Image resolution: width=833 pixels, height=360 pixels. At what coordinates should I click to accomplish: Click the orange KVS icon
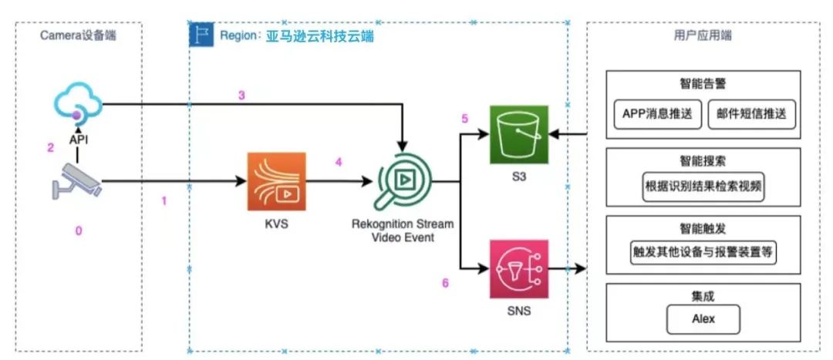(275, 182)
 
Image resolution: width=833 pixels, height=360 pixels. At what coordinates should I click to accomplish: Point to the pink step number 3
(241, 96)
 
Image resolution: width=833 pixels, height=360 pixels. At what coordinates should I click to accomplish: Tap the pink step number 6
(445, 283)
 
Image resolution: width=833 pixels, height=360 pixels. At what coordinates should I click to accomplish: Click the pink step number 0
(77, 230)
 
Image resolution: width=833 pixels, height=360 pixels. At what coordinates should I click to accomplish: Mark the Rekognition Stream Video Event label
(403, 230)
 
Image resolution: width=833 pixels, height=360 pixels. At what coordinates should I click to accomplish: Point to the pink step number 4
(338, 162)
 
